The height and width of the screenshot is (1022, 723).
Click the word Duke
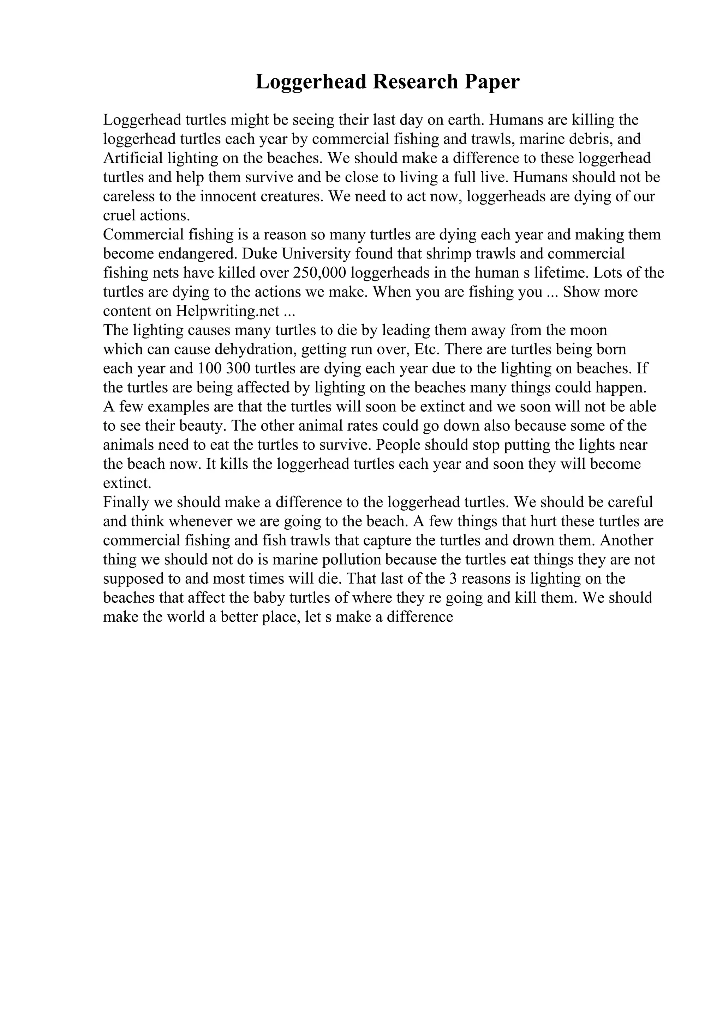[x=259, y=254]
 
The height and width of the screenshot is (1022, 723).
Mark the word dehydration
[x=255, y=349]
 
